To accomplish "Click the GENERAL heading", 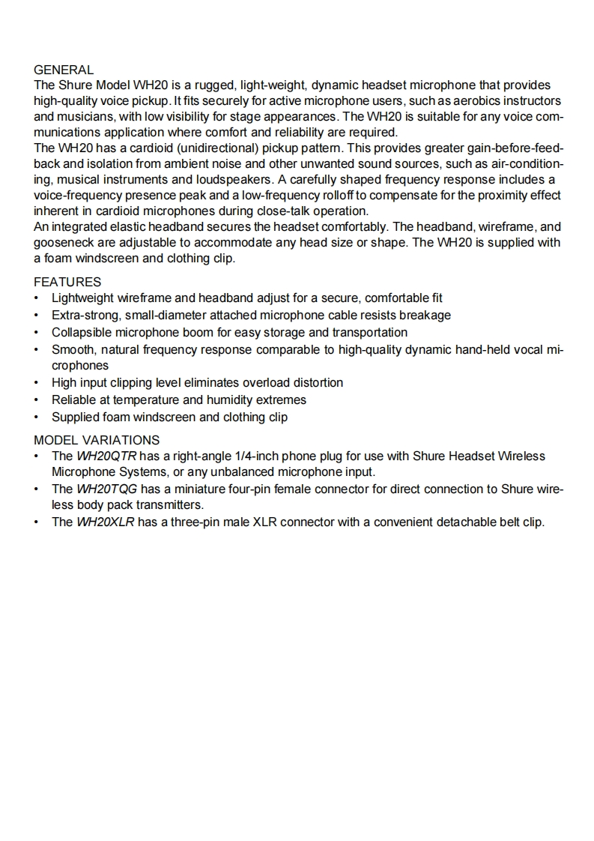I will click(64, 70).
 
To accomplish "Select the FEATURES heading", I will click(67, 282).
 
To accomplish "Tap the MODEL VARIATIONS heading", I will click(97, 440).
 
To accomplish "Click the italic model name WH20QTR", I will click(106, 456).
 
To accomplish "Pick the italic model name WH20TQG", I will click(106, 489).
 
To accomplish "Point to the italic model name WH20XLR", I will click(106, 522).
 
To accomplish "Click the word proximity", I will click(499, 195).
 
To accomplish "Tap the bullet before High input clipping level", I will click(37, 383).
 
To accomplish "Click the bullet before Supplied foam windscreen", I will click(37, 418).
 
